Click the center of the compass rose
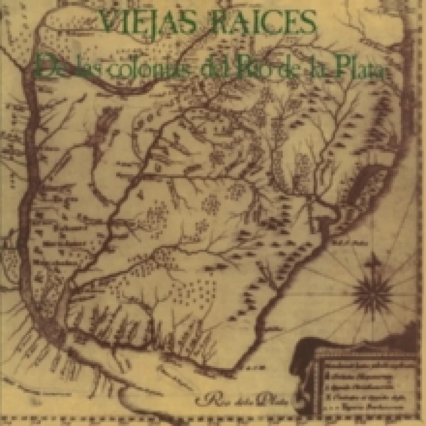point(373,290)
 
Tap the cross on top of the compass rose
point(373,260)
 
